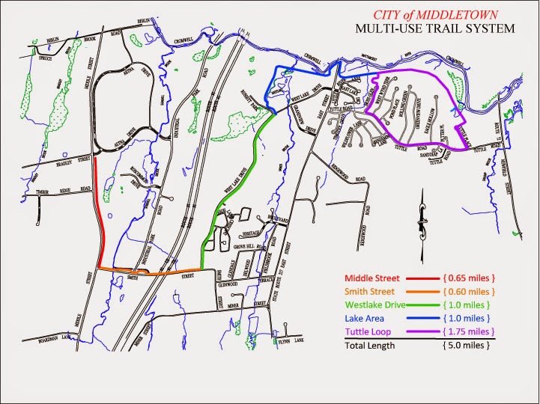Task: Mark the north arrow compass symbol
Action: (422, 217)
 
